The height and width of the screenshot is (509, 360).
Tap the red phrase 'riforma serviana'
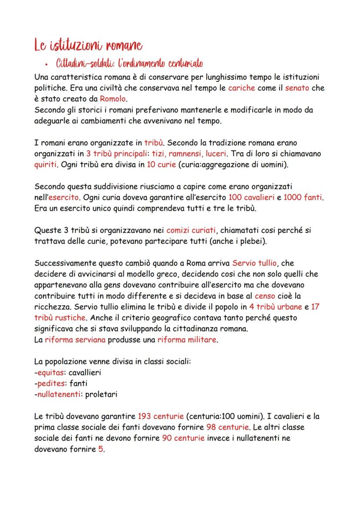(x=75, y=340)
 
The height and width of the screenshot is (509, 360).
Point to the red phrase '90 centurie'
(x=183, y=438)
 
